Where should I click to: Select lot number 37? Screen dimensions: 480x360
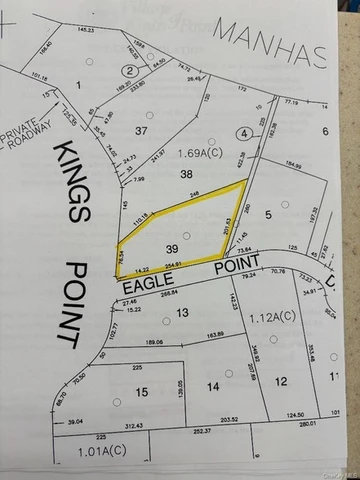[141, 131]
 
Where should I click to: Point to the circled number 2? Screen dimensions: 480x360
[129, 70]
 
